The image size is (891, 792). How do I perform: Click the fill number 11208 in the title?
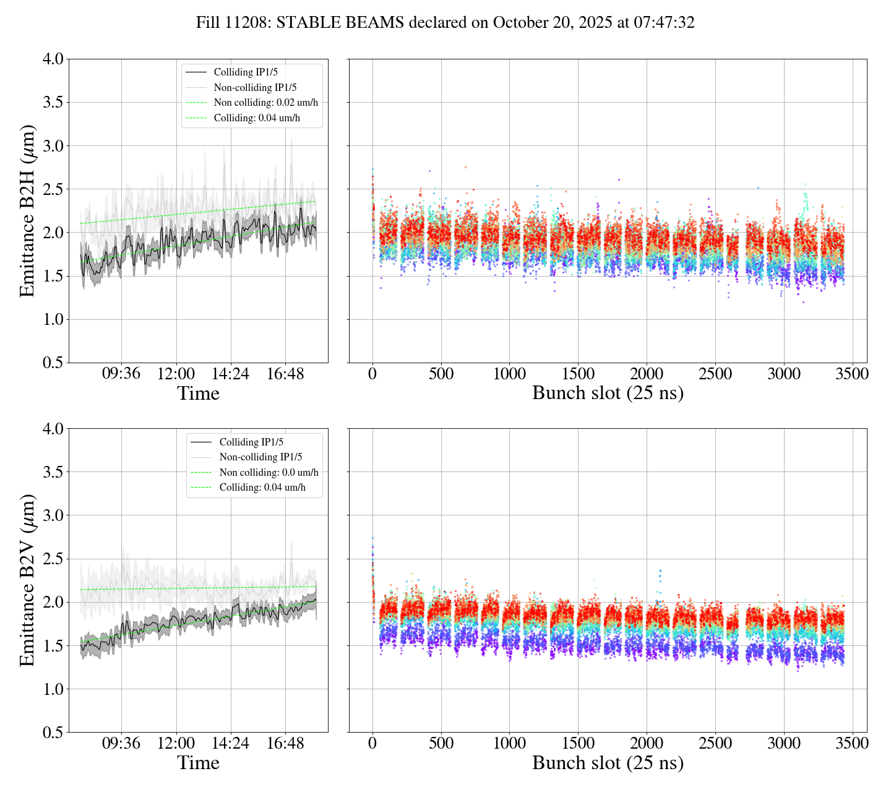(x=251, y=23)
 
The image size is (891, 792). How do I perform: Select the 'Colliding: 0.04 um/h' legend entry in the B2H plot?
(x=257, y=118)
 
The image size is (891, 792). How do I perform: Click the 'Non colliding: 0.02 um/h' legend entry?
(x=270, y=102)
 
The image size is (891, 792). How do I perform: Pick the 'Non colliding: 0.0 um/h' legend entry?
(x=269, y=472)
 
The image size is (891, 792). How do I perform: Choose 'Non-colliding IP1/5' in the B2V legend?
(x=260, y=457)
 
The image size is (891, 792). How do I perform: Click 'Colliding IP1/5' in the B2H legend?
(x=246, y=72)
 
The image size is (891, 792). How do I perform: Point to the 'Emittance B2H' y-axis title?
(x=27, y=210)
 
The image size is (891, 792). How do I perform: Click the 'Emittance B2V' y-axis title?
(x=27, y=580)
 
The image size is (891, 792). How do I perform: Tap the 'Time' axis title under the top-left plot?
(x=198, y=394)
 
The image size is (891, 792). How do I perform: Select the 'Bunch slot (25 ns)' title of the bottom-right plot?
(x=608, y=763)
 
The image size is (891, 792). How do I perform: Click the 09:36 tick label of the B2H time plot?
(x=121, y=374)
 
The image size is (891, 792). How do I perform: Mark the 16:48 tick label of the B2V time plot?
(x=285, y=743)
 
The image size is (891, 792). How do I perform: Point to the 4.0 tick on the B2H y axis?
(x=53, y=59)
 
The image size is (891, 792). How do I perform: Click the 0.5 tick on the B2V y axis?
(x=53, y=733)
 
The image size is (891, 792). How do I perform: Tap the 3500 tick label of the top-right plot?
(x=852, y=374)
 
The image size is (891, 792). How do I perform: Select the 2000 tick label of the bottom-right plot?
(x=647, y=743)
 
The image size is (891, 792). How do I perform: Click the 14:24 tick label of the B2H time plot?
(x=230, y=374)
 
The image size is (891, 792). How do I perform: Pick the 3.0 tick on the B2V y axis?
(x=53, y=515)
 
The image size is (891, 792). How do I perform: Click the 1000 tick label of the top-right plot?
(x=509, y=374)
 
